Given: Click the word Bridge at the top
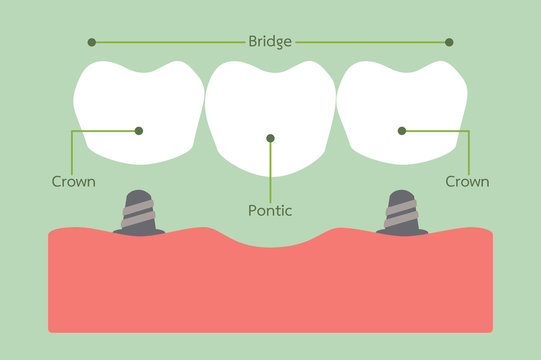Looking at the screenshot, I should coord(270,42).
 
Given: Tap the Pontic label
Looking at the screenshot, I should coord(269,211).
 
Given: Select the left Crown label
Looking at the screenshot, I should coord(73,182).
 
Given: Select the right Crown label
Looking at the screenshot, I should coord(467,182).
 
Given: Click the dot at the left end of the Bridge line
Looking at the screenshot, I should coord(92,42).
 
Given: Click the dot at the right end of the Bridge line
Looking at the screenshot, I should coord(449,42).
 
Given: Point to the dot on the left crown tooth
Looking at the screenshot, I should coord(138,130).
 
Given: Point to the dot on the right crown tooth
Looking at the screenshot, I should coord(402,130).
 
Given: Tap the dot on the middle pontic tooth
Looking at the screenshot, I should coord(270,138).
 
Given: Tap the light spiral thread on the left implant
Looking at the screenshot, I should coord(138,211).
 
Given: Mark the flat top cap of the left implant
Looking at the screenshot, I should coord(138,194).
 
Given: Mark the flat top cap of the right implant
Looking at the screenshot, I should coord(402,194).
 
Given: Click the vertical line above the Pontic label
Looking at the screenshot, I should coord(270,170).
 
